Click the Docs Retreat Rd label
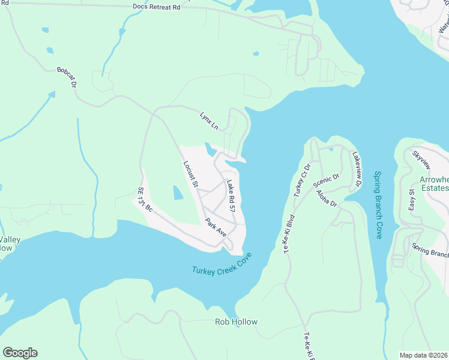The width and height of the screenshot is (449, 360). click(x=156, y=7)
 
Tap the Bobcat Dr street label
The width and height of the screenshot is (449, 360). click(x=67, y=78)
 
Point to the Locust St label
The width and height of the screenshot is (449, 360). click(x=190, y=173)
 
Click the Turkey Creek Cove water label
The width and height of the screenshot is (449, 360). click(x=222, y=264)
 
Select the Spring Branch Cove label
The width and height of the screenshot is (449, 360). click(x=378, y=205)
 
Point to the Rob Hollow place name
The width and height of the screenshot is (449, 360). click(x=236, y=322)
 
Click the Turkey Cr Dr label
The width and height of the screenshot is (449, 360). click(x=303, y=179)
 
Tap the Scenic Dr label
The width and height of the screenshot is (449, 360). click(x=327, y=182)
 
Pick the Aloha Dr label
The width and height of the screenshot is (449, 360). click(x=326, y=198)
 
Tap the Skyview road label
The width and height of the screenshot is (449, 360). click(x=421, y=159)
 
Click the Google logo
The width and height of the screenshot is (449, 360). click(x=20, y=353)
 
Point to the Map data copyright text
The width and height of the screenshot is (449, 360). click(x=424, y=355)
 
